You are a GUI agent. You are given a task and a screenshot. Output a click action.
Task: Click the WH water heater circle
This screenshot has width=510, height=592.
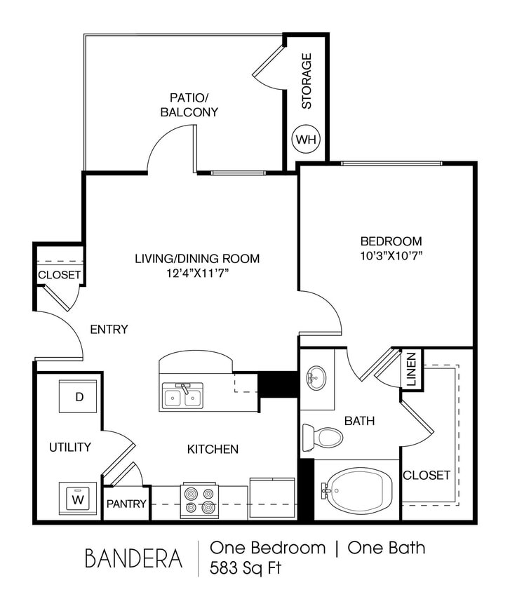click(306, 139)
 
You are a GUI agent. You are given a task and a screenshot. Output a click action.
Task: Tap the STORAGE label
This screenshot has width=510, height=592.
click(307, 81)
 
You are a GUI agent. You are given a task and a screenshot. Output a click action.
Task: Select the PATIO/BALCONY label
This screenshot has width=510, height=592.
click(189, 105)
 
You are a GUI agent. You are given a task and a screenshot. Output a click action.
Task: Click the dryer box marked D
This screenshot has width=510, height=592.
click(79, 397)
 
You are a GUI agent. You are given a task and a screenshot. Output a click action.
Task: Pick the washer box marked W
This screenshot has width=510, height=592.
click(79, 499)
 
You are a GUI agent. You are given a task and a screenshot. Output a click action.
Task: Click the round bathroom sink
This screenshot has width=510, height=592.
click(315, 378)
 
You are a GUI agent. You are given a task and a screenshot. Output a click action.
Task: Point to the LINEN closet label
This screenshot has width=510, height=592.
click(411, 369)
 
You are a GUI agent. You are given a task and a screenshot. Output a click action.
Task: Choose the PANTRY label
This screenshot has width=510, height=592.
click(126, 504)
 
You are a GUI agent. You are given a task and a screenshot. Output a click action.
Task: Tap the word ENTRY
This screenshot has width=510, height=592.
click(109, 329)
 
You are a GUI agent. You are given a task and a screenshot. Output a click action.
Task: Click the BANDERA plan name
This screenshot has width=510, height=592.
click(133, 558)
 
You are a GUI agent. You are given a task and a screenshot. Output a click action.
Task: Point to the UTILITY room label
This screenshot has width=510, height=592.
click(69, 447)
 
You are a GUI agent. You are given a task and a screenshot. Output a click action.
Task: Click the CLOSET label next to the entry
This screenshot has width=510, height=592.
click(60, 275)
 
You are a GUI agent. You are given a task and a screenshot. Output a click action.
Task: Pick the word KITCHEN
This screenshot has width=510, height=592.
click(212, 449)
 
